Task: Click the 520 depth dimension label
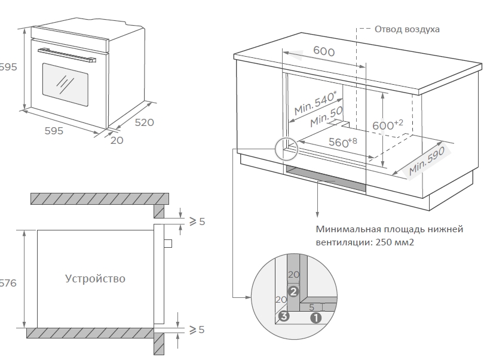tap(144, 122)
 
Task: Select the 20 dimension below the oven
tap(117, 140)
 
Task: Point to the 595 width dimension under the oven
tap(54, 131)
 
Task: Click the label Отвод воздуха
tap(407, 29)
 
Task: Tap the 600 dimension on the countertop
tap(324, 51)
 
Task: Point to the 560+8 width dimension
tap(342, 143)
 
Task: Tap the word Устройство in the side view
tap(96, 279)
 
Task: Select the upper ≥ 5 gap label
tap(197, 221)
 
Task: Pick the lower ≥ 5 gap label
tap(197, 330)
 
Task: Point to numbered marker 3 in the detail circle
tap(284, 317)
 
